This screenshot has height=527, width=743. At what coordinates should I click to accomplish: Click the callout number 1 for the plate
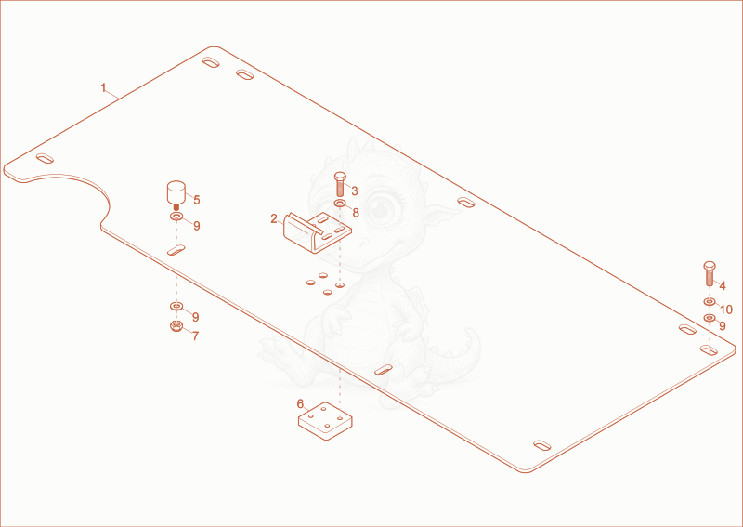tap(103, 88)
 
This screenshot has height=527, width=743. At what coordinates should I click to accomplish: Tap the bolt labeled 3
tap(340, 184)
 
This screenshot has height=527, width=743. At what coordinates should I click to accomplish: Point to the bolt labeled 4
tap(710, 273)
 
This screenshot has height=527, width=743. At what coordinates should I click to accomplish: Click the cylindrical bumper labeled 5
tap(176, 194)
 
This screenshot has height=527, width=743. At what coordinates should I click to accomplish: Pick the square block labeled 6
tap(325, 421)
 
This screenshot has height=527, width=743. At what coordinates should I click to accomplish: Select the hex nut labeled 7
tap(176, 326)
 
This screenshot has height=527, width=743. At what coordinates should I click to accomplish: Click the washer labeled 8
tap(340, 204)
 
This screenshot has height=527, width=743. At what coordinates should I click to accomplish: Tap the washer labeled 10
tap(710, 302)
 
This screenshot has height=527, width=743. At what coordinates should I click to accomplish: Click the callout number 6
tap(300, 404)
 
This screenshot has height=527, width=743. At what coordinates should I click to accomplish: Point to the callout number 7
tap(195, 336)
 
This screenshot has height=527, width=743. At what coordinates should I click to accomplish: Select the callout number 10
tap(726, 310)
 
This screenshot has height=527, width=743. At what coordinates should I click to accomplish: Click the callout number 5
tap(197, 200)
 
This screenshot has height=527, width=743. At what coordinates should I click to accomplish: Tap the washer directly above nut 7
tap(176, 306)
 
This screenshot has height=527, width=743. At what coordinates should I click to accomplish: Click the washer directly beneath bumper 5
tap(176, 217)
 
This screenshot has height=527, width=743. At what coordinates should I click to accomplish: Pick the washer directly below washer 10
tap(710, 318)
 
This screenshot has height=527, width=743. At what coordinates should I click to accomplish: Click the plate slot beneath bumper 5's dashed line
tap(176, 250)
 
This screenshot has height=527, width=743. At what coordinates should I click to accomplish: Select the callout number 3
tap(355, 191)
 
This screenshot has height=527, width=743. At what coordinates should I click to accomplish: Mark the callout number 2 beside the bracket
tap(274, 219)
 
